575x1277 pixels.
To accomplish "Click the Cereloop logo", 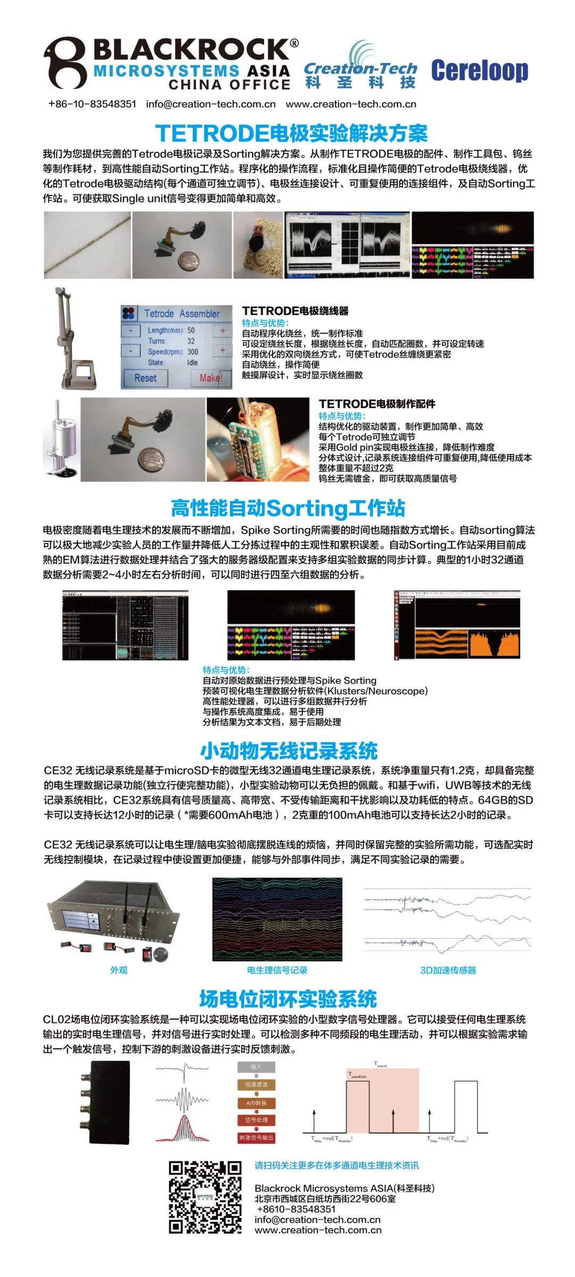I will [x=479, y=71].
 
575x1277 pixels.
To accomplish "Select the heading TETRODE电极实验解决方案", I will [x=291, y=133].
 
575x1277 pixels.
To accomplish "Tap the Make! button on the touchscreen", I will [x=211, y=378].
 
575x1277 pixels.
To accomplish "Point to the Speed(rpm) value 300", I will [x=192, y=352].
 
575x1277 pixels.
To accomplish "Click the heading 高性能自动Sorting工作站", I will [x=287, y=508].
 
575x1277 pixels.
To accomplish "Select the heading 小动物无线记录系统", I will [x=289, y=751].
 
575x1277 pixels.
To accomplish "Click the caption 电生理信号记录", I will [x=277, y=970].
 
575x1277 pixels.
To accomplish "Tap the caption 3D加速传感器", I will [x=448, y=970].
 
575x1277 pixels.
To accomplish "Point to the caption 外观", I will [x=118, y=970].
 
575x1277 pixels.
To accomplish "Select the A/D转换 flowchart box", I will [x=257, y=1103].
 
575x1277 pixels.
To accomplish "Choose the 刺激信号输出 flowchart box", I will [x=257, y=1137].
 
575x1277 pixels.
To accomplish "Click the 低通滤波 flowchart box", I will [x=257, y=1085].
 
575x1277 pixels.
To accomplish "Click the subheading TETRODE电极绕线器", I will [x=295, y=311].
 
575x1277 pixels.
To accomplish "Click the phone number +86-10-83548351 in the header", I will [x=92, y=104].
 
